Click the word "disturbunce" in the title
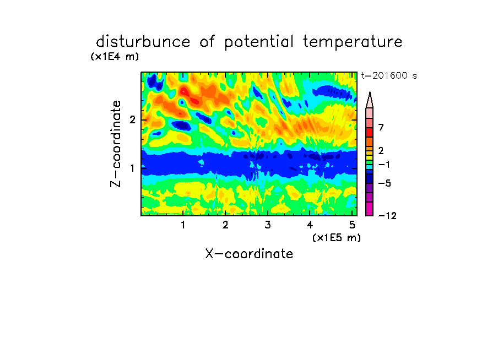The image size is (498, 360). (143, 42)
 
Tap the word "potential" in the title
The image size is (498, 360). (259, 42)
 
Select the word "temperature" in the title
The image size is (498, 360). (353, 42)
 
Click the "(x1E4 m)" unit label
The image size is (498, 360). (115, 57)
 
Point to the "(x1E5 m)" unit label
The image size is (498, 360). (337, 238)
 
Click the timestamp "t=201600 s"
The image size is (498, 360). (389, 76)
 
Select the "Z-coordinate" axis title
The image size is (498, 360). (116, 144)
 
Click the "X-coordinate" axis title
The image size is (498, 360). (249, 254)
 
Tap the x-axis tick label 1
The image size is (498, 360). (183, 225)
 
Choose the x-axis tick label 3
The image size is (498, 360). (268, 225)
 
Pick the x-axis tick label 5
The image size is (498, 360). (352, 225)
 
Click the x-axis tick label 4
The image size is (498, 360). (310, 225)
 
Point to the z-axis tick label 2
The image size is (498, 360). (132, 119)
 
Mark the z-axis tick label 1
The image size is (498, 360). (132, 168)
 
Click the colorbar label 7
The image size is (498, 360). (381, 128)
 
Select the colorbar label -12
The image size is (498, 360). (387, 216)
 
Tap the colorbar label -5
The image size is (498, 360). (385, 183)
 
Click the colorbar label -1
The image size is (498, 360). (384, 165)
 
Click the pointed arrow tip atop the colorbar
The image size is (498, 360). (370, 92)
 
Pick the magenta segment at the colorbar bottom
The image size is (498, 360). (370, 209)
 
